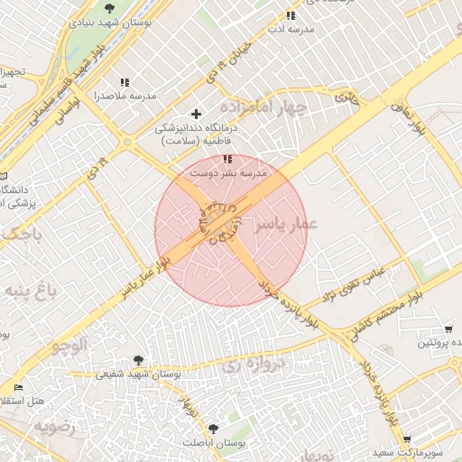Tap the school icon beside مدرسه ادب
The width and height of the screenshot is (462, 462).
coord(291,15)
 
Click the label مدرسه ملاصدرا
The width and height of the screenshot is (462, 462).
coord(125,96)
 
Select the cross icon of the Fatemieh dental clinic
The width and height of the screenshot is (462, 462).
coord(195,114)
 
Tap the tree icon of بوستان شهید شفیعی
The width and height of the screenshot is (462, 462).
coord(137,360)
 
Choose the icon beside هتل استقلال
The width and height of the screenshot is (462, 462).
coord(19,388)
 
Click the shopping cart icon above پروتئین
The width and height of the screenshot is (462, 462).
coord(448,328)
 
